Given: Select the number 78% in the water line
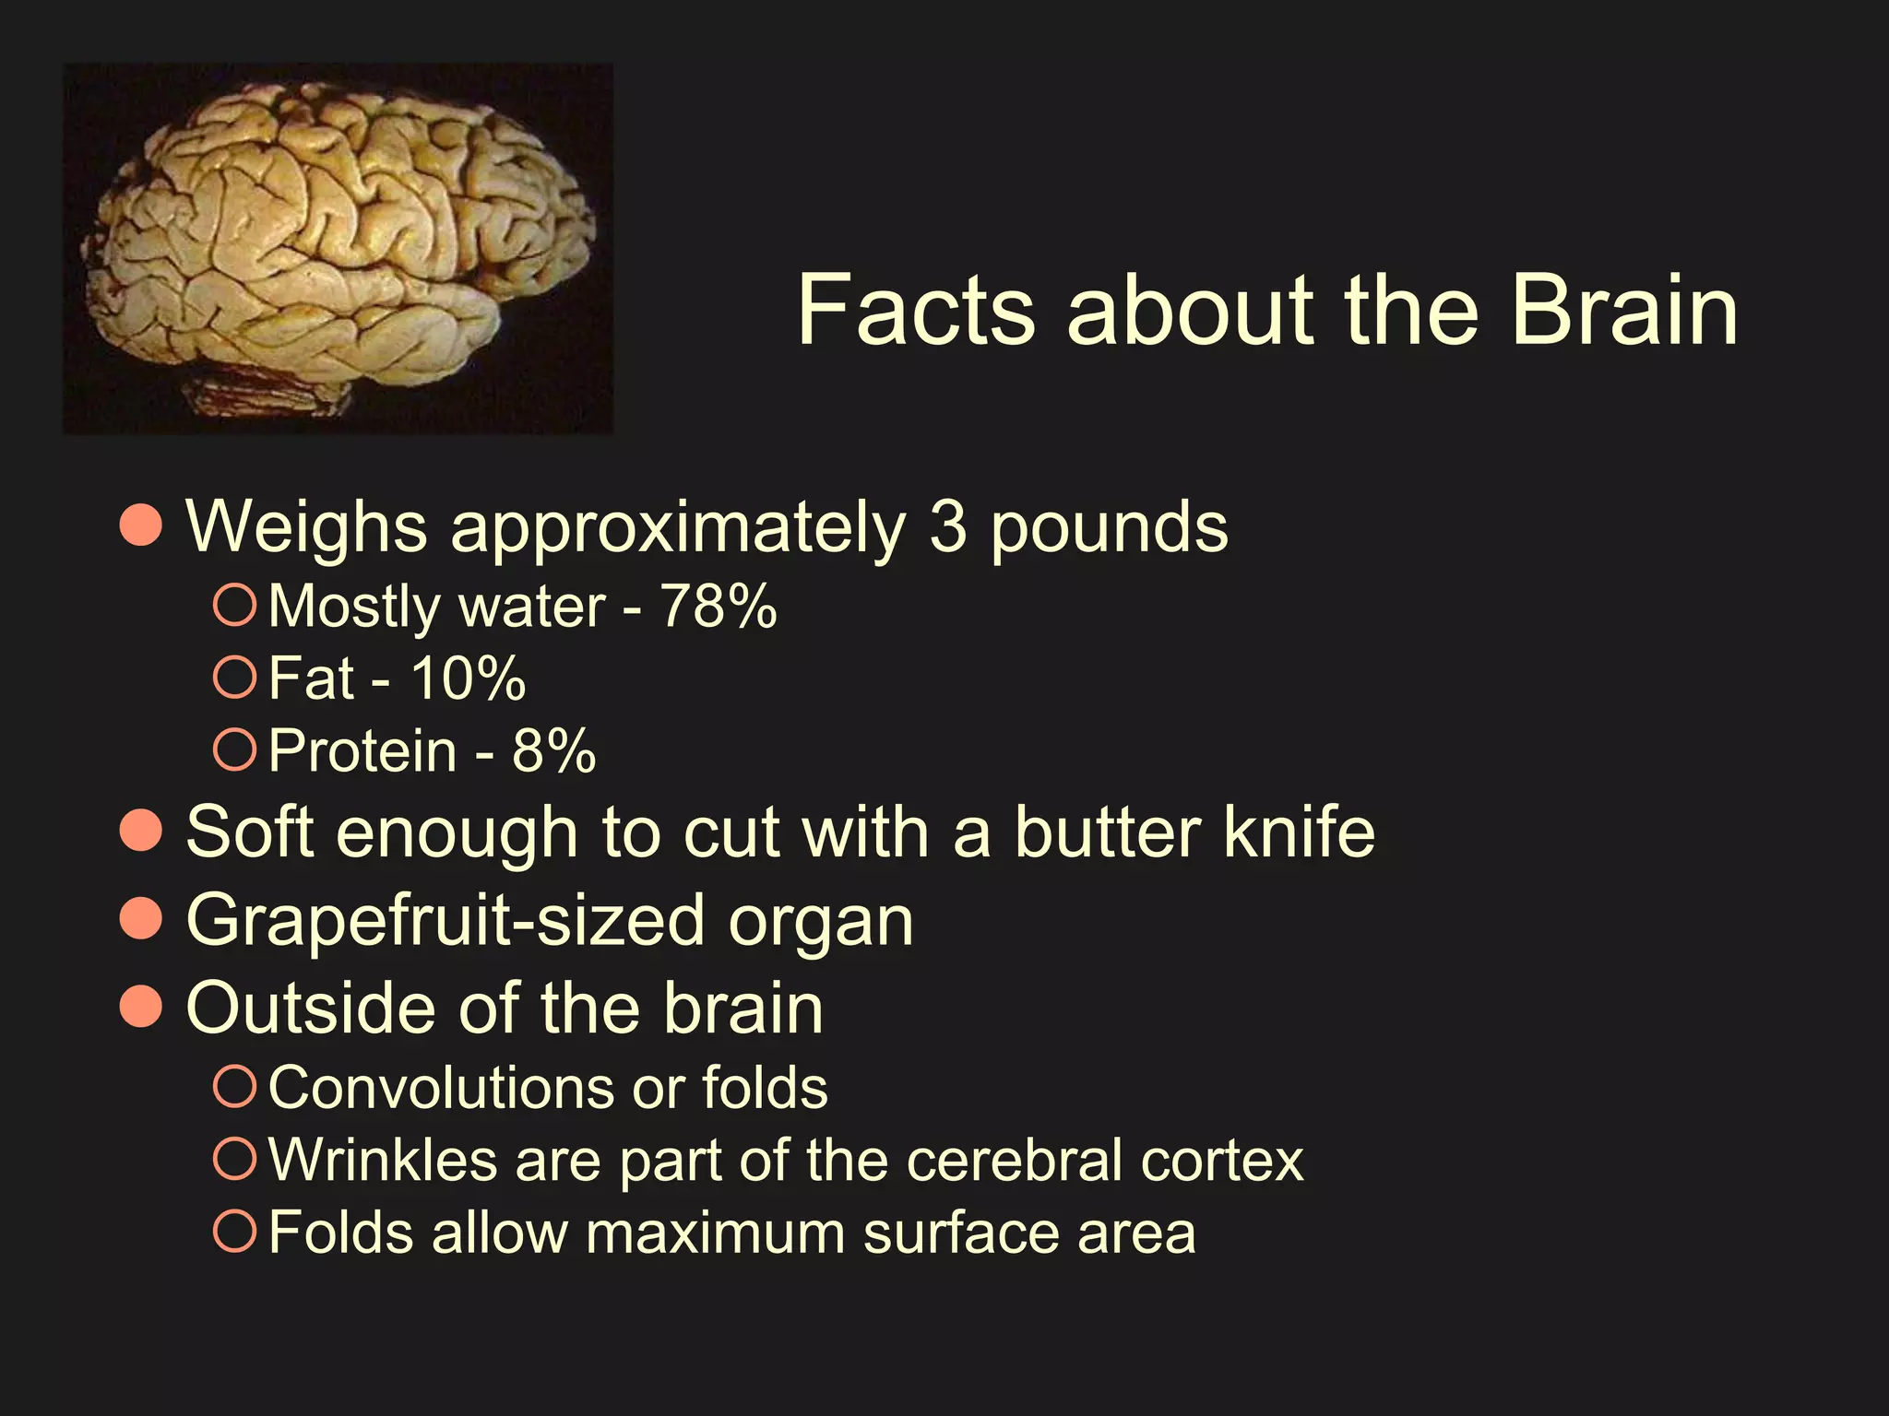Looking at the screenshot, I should pyautogui.click(x=719, y=607).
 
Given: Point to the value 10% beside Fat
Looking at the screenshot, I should pyautogui.click(x=468, y=679).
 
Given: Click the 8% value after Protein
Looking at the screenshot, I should pyautogui.click(x=553, y=750).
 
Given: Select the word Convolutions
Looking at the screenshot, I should pyautogui.click(x=439, y=1089).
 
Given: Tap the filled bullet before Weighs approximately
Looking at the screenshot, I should pyautogui.click(x=141, y=525).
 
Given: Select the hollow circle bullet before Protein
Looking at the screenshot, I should pyautogui.click(x=234, y=749).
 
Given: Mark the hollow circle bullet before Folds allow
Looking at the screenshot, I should pyautogui.click(x=234, y=1232).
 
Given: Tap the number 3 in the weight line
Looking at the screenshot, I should pyautogui.click(x=947, y=527).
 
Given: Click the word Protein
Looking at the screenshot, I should pyautogui.click(x=362, y=750).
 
